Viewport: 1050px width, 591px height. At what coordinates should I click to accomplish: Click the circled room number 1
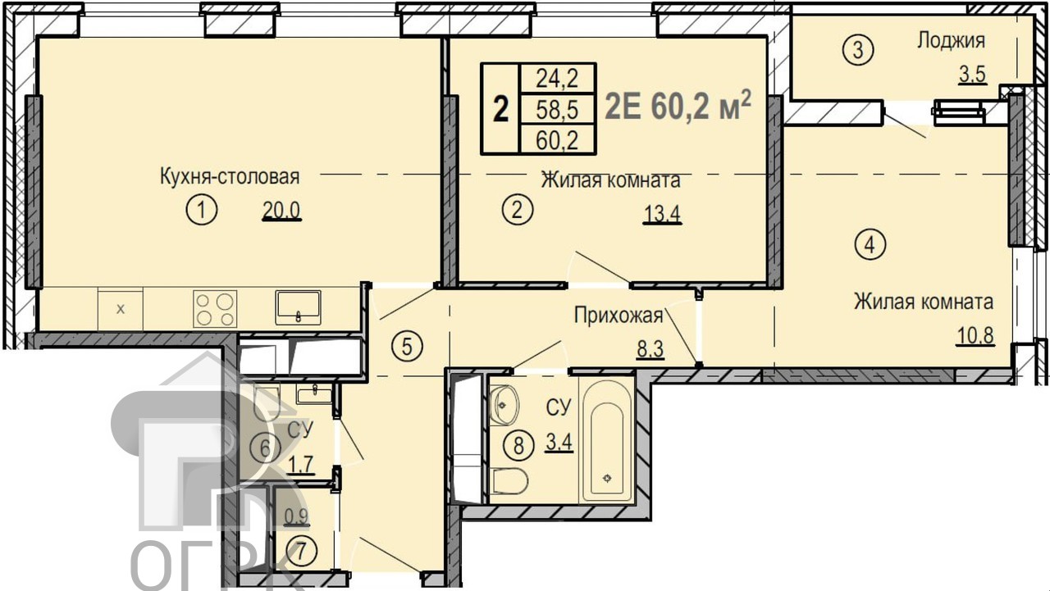pyautogui.click(x=202, y=211)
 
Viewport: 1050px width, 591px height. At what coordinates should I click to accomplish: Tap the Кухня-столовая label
pyautogui.click(x=230, y=177)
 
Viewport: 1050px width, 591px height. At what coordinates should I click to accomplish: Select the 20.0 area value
pyautogui.click(x=281, y=211)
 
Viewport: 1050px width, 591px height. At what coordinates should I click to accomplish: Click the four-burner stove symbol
pyautogui.click(x=215, y=308)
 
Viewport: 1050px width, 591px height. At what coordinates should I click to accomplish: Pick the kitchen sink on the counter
pyautogui.click(x=298, y=307)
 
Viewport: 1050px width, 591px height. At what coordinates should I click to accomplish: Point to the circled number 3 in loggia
pyautogui.click(x=858, y=50)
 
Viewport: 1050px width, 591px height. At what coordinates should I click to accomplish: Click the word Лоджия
pyautogui.click(x=951, y=41)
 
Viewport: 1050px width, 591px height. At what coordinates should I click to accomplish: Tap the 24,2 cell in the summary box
pyautogui.click(x=557, y=78)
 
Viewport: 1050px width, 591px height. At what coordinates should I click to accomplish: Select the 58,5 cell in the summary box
pyautogui.click(x=557, y=110)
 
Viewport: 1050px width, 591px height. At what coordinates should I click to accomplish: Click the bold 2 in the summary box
pyautogui.click(x=501, y=109)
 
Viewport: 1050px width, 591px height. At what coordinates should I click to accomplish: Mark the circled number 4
pyautogui.click(x=870, y=244)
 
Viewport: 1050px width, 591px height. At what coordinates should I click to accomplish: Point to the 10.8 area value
pyautogui.click(x=976, y=335)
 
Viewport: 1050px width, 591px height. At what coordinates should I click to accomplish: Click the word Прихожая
pyautogui.click(x=619, y=316)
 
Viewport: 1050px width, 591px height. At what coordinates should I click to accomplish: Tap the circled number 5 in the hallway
pyautogui.click(x=407, y=347)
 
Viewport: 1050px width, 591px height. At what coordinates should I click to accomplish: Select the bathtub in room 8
pyautogui.click(x=607, y=439)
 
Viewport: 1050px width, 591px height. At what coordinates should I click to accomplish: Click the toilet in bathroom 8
pyautogui.click(x=510, y=480)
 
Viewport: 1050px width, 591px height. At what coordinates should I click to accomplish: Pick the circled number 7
pyautogui.click(x=301, y=551)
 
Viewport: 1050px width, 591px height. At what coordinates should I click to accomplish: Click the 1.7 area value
pyautogui.click(x=300, y=465)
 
